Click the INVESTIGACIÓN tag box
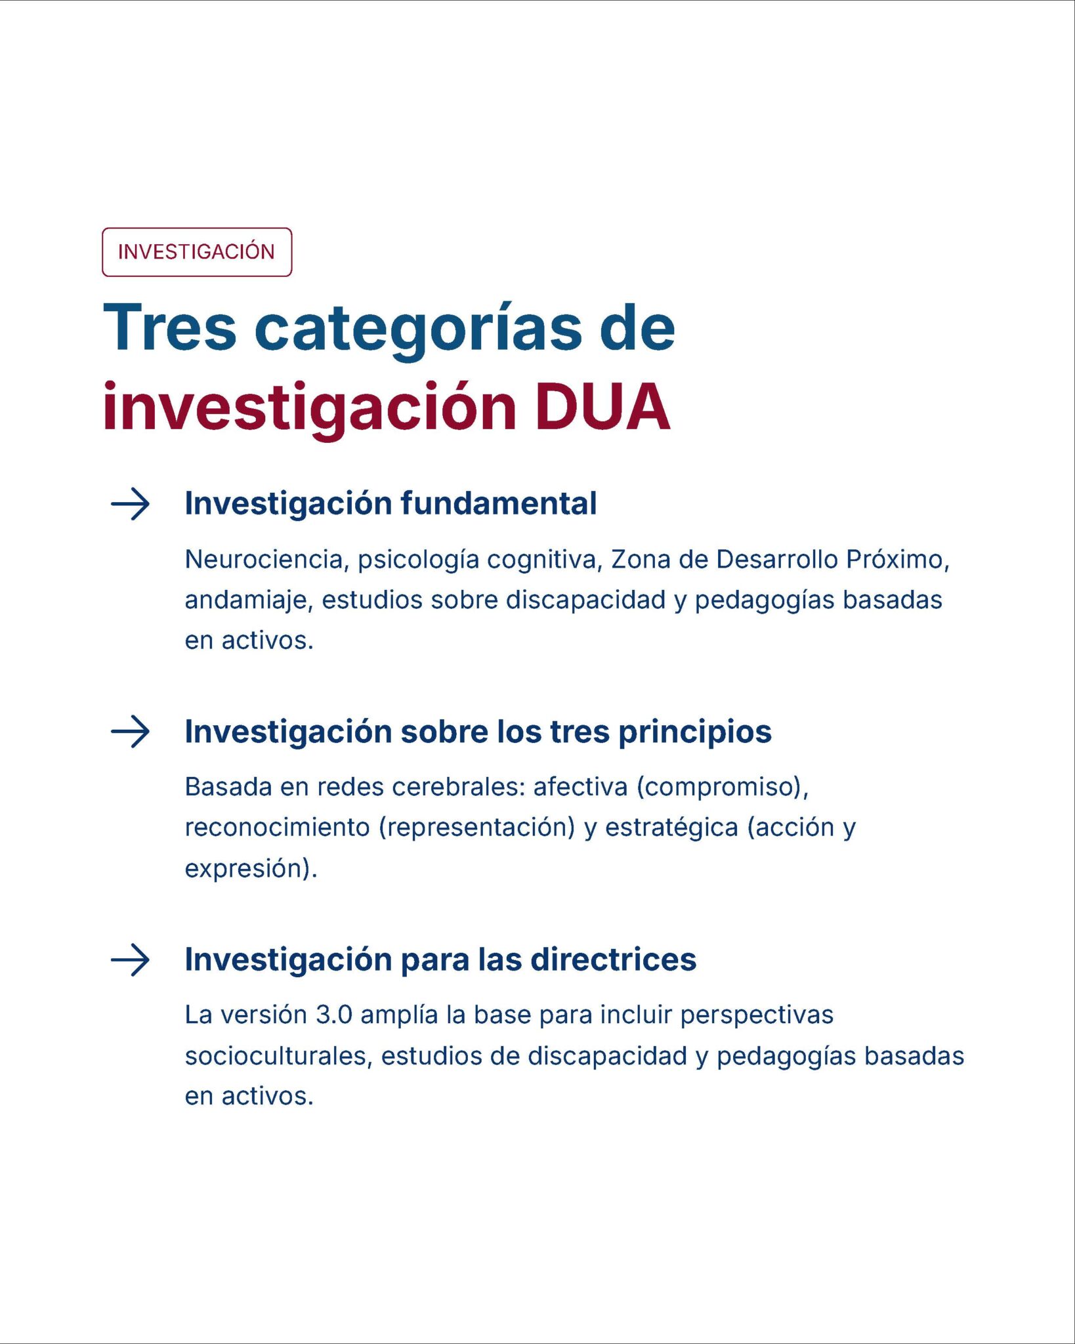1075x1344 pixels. (196, 252)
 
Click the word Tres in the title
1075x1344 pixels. (169, 327)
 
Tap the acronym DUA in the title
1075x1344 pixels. (602, 408)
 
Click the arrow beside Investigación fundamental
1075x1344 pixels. (130, 504)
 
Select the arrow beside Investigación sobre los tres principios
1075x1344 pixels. (130, 732)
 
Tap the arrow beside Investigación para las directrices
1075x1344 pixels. (130, 960)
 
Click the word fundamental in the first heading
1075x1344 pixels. (499, 504)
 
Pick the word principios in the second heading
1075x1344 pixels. (695, 732)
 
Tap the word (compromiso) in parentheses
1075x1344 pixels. (722, 787)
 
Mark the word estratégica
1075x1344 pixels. (671, 828)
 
